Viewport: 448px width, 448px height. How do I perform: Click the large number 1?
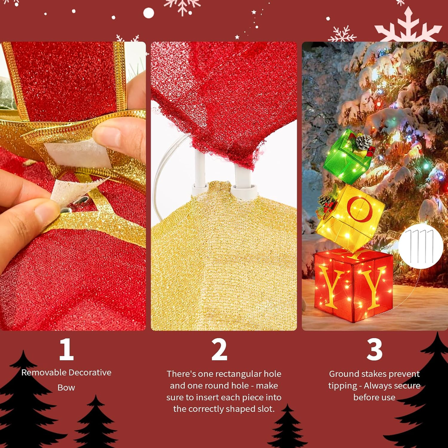[x=67, y=349]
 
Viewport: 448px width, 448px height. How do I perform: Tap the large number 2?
[x=219, y=349]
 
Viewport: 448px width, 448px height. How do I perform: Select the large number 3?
[x=374, y=349]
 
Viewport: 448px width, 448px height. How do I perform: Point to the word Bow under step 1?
[x=66, y=388]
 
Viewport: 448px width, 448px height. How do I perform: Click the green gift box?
[x=346, y=157]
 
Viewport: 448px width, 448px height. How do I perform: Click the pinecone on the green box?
[x=364, y=142]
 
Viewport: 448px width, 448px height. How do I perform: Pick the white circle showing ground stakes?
[x=421, y=246]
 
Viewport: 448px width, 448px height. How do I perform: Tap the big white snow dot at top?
[x=149, y=13]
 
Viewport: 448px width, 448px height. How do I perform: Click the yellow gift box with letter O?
[x=350, y=217]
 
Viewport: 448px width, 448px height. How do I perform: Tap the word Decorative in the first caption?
[x=90, y=373]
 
